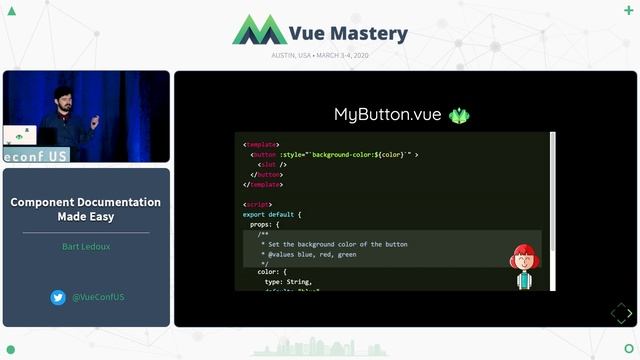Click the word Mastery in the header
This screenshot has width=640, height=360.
pos(370,33)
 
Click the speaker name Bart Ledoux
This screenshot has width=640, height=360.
pos(85,245)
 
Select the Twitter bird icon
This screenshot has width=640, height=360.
pos(58,297)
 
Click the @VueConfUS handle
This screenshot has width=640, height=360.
pos(97,297)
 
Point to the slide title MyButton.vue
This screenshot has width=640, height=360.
pos(387,115)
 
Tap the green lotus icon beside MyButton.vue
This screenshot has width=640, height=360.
pos(459,115)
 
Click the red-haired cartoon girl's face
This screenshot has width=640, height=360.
pos(524,260)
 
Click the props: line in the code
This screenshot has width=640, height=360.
pos(265,225)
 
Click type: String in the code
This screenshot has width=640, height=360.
pos(288,282)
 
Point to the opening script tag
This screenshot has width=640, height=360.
pos(257,204)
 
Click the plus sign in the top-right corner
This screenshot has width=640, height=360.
pos(627,10)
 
